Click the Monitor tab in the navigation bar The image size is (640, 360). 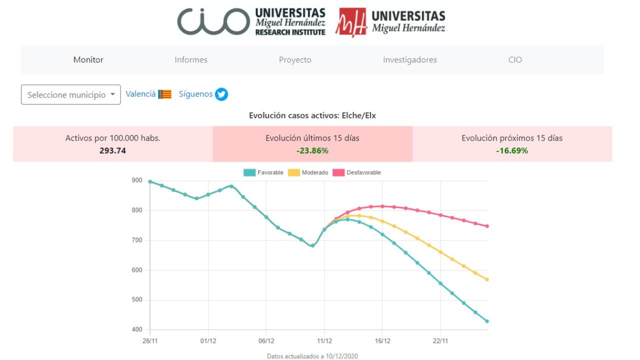pos(88,59)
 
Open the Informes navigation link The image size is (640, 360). pos(191,59)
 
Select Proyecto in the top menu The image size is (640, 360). pos(295,59)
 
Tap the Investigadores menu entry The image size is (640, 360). pos(410,59)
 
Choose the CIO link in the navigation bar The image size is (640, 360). pos(515,59)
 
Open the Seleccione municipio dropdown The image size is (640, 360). pos(71,94)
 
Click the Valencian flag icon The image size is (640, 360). pos(164,94)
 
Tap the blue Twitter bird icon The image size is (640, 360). pos(221,94)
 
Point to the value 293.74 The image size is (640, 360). pos(112,150)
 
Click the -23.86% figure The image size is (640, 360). pos(312,150)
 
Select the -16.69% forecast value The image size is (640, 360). pos(512,150)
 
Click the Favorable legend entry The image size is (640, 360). pos(263,172)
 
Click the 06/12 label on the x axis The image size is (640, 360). pos(266,340)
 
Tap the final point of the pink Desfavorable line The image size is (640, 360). pos(487,226)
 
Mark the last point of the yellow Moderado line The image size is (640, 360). pos(487,279)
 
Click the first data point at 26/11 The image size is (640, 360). pos(150,181)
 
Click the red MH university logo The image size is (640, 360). pos(350,22)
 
